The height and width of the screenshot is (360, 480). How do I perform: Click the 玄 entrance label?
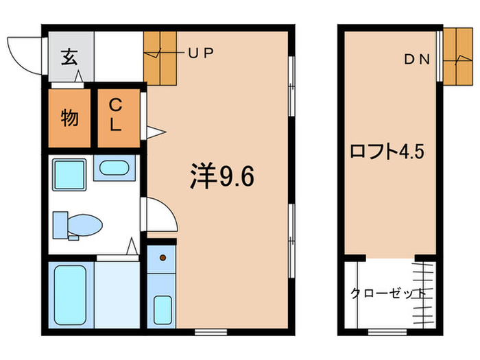(x=70, y=56)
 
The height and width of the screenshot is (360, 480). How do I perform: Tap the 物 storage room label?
(x=69, y=119)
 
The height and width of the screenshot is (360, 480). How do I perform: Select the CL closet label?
(x=117, y=115)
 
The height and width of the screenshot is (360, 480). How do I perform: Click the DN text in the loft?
(x=416, y=60)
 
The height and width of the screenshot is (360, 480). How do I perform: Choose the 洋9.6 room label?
(x=222, y=177)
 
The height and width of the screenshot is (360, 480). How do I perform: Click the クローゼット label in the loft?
(x=387, y=293)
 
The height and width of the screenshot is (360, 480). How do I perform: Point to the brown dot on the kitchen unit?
(x=163, y=258)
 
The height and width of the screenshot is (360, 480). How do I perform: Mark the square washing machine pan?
(x=69, y=175)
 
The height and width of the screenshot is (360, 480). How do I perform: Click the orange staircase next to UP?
(x=161, y=57)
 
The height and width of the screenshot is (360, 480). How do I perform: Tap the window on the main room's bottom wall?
(x=202, y=332)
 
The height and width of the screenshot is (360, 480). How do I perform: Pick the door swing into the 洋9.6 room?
(x=160, y=216)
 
